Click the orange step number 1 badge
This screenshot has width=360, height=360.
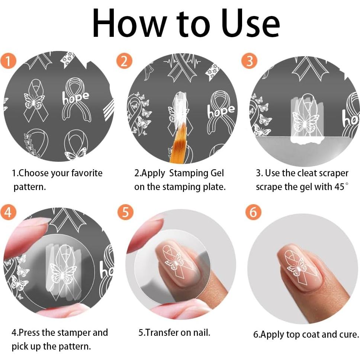coord(8,61)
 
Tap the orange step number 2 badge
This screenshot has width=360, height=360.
coord(125,61)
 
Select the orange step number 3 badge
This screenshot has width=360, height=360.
coord(249,61)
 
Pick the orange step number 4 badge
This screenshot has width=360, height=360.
coord(8,212)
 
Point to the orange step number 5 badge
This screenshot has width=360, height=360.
coord(125,212)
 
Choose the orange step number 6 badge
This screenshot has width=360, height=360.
coord(254,212)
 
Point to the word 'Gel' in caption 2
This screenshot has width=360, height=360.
coord(217,173)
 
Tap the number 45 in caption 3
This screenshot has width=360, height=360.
coord(339,187)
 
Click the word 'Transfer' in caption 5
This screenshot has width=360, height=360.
coord(162,332)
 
